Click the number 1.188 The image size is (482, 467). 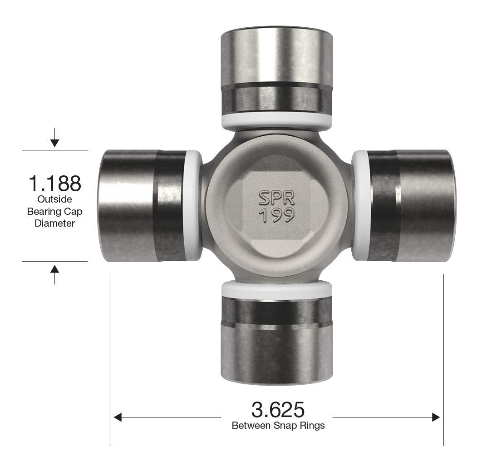pyautogui.click(x=55, y=183)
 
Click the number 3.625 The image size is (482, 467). pyautogui.click(x=277, y=410)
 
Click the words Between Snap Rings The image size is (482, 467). pyautogui.click(x=278, y=426)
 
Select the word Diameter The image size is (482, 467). pyautogui.click(x=55, y=224)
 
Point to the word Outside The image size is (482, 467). pyautogui.click(x=55, y=199)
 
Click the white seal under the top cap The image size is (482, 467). pyautogui.click(x=276, y=121)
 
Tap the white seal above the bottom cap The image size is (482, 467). pyautogui.click(x=276, y=289)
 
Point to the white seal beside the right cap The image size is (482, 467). pyautogui.click(x=360, y=206)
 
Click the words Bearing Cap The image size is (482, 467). pyautogui.click(x=55, y=211)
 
